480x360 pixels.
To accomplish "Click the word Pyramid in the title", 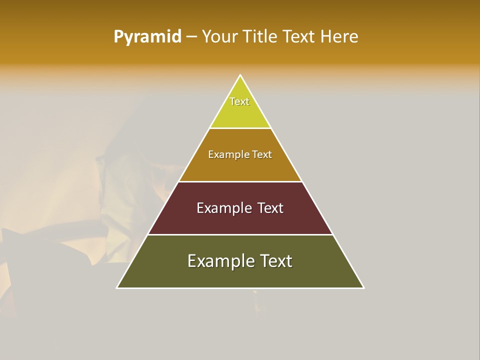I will pyautogui.click(x=147, y=37).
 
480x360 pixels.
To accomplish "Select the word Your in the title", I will pyautogui.click(x=219, y=36).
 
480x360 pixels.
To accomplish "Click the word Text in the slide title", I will pyautogui.click(x=299, y=36).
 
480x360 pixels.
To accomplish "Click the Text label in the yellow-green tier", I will pyautogui.click(x=239, y=101).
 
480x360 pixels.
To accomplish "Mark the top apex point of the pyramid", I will pyautogui.click(x=240, y=75).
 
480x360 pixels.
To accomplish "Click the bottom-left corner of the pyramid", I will pyautogui.click(x=117, y=287).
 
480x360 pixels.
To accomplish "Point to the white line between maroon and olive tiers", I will pyautogui.click(x=240, y=234).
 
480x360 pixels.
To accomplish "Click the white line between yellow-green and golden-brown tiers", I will pyautogui.click(x=240, y=128).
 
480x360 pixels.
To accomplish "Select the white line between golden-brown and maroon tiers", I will pyautogui.click(x=240, y=181).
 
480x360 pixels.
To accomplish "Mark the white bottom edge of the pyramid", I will pyautogui.click(x=240, y=288).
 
